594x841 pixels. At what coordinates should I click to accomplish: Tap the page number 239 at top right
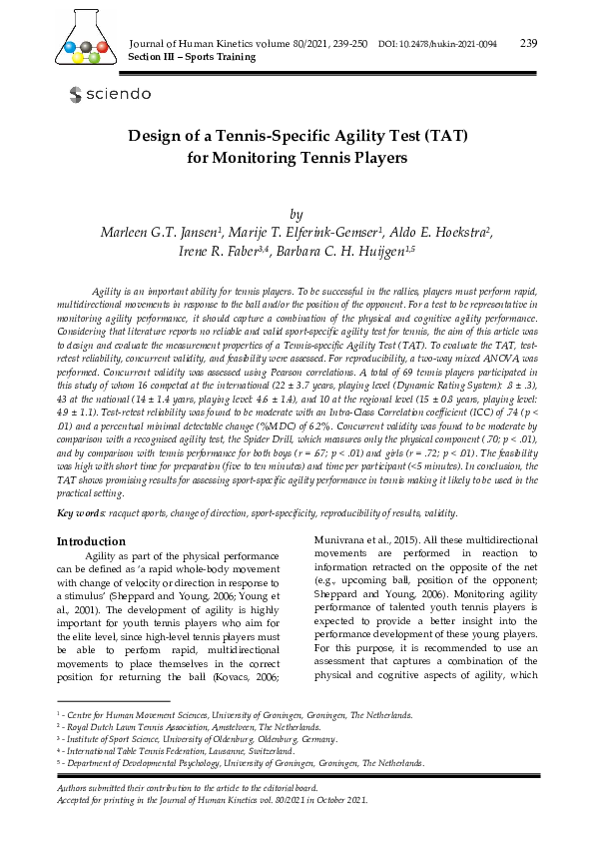pyautogui.click(x=529, y=43)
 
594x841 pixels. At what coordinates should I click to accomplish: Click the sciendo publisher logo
pyautogui.click(x=110, y=94)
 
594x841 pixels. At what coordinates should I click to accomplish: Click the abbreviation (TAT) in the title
pyautogui.click(x=432, y=135)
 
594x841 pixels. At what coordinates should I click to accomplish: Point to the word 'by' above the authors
pyautogui.click(x=296, y=214)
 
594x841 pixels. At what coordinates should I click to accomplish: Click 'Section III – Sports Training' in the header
pyautogui.click(x=193, y=57)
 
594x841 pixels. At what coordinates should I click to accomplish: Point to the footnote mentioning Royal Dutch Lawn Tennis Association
pyautogui.click(x=207, y=728)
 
